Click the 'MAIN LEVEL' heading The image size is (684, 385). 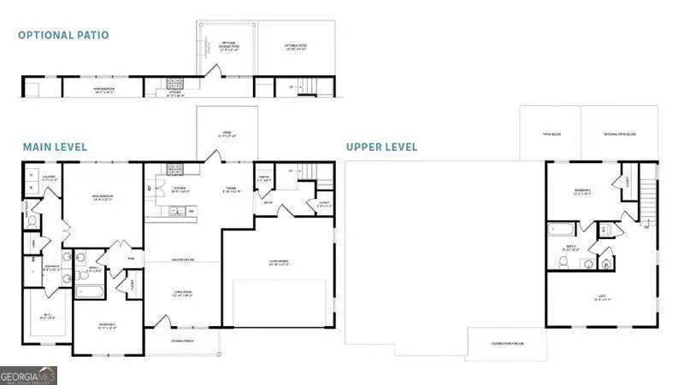pos(54,147)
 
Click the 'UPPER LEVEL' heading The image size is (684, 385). pos(381,147)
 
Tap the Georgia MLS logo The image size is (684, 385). pos(28,375)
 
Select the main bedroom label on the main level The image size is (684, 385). pos(103,198)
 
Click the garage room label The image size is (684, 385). pos(277,262)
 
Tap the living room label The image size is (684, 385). pos(181,294)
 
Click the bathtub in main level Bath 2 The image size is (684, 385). pos(88,290)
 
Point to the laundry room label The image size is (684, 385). pos(50,178)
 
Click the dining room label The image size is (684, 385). pos(229,190)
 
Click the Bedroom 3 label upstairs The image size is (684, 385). pos(583,193)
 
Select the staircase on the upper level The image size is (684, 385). pos(649,201)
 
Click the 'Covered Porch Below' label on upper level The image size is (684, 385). pos(506,342)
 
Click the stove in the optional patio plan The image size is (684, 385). pos(177,84)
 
